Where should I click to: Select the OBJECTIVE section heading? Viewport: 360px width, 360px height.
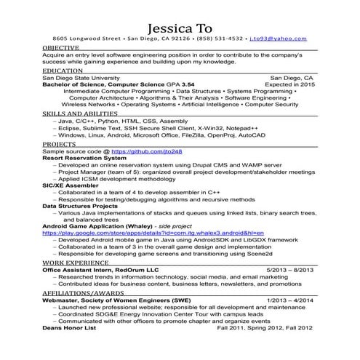[61, 47]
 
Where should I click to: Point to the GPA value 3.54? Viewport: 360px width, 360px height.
[188, 84]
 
